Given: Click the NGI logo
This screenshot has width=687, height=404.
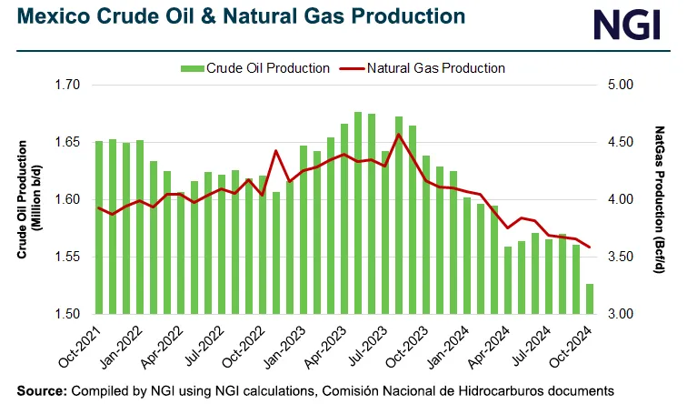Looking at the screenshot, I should pos(627,26).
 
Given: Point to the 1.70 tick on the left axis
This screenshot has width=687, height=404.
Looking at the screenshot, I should pos(67,85).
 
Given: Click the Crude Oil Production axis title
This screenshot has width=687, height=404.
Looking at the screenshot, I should pos(26,199).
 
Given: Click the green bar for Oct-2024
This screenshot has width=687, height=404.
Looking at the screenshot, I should pos(589,299).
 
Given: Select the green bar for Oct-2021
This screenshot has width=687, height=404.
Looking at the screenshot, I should pos(99,227).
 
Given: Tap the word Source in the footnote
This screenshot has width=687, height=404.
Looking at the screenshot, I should pos(39,390).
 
